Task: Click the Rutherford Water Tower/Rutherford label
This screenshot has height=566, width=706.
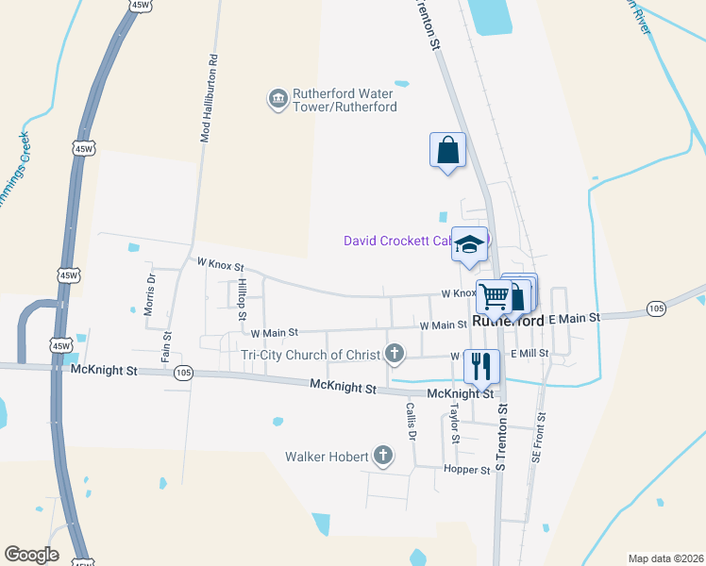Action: [344, 100]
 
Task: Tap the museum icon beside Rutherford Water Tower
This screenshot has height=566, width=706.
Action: [277, 99]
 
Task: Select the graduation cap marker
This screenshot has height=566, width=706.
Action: [469, 244]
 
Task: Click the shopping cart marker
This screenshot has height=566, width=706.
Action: [494, 296]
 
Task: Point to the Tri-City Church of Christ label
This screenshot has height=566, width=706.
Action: [311, 355]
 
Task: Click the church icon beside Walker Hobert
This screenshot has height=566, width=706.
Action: [383, 457]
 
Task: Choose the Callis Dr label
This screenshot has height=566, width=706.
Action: [411, 421]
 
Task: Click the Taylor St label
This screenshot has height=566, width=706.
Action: [454, 424]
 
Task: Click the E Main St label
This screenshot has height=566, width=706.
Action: [574, 319]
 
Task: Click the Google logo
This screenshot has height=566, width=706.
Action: [31, 555]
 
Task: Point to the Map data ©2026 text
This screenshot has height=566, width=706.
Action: [665, 558]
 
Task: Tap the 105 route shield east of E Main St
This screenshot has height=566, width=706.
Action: [656, 308]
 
